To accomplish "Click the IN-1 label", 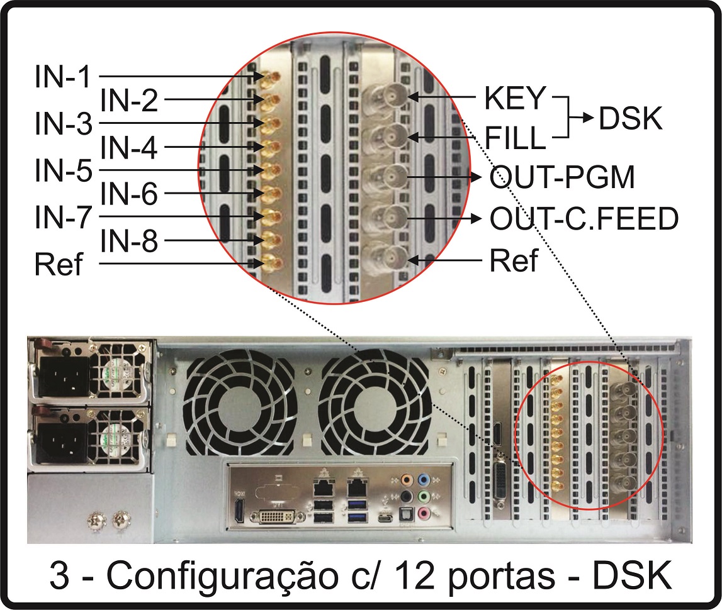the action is [62, 76].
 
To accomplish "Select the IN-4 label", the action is [129, 147].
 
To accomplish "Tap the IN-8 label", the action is [129, 241].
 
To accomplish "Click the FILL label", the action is [515, 138].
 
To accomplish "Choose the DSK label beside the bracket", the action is [630, 118].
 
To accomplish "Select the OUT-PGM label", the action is [561, 177].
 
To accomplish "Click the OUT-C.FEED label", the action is [584, 218].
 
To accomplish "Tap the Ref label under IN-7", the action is [59, 264].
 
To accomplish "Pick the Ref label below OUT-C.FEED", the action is [514, 260].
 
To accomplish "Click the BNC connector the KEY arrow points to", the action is [390, 97].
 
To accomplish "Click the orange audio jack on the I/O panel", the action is [406, 480].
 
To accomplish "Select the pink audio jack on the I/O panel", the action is [424, 513].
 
